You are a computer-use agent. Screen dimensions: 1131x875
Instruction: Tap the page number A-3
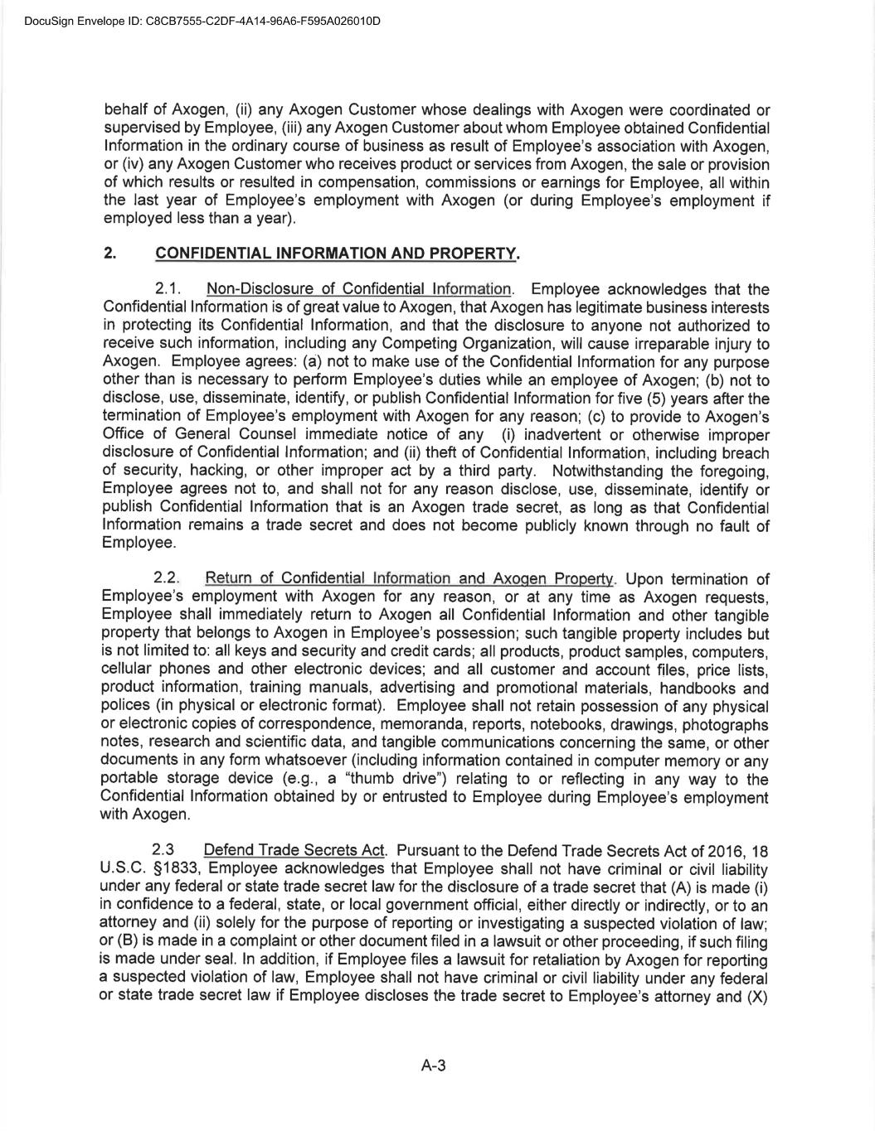[x=434, y=1066]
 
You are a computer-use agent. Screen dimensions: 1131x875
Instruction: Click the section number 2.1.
[x=168, y=289]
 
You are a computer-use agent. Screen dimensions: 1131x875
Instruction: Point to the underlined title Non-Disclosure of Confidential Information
[x=359, y=289]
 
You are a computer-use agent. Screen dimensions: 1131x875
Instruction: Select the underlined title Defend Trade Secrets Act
[x=294, y=850]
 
